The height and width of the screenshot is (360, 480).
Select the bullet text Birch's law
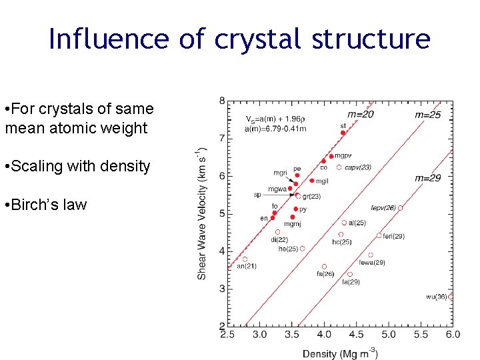point(45,205)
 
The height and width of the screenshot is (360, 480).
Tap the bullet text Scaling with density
point(77,166)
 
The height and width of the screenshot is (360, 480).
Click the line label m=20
point(361,114)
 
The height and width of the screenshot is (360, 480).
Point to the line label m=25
point(428,115)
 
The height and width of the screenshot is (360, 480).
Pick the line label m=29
point(428,178)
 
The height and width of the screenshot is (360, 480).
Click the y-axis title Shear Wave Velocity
point(202,213)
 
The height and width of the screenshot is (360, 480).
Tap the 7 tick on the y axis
point(221,138)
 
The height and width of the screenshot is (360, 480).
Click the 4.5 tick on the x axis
point(356,335)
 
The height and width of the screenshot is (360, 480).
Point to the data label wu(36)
point(437,297)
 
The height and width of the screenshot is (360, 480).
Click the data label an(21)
point(247,266)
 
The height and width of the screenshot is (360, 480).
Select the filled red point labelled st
point(343,133)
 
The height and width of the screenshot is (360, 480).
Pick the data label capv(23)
point(358,167)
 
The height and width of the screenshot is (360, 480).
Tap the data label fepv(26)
point(383,208)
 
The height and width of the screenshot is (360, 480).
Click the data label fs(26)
point(325,273)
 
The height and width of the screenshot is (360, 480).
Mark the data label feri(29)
point(393,236)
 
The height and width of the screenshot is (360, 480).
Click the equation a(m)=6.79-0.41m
point(271,128)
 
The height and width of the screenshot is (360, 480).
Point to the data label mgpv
point(343,155)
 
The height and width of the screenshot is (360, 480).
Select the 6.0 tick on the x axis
point(453,335)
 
